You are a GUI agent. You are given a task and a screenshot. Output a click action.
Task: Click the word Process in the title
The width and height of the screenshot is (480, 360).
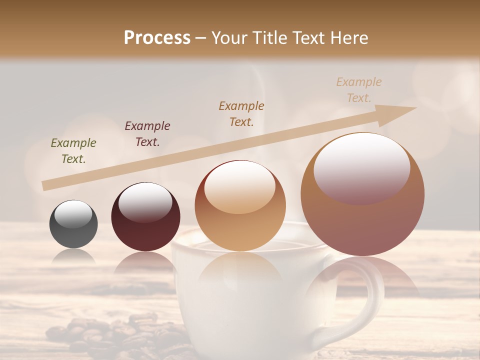click(157, 38)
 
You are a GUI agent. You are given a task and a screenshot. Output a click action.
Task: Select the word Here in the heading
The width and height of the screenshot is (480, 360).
click(348, 38)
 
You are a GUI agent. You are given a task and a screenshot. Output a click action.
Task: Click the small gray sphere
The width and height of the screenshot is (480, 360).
click(73, 224)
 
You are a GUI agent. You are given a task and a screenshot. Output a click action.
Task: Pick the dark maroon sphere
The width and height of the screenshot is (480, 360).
click(145, 217)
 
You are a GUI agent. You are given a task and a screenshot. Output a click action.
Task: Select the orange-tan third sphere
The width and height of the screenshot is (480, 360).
click(240, 205)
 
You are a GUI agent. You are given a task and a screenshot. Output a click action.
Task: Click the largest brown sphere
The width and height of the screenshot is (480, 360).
click(362, 194)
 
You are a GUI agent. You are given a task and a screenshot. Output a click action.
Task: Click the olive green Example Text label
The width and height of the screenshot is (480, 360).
click(73, 151)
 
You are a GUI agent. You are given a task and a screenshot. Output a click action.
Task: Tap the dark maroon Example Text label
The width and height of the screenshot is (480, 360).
click(147, 134)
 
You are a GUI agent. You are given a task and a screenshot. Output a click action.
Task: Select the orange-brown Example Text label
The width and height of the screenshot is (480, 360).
click(241, 114)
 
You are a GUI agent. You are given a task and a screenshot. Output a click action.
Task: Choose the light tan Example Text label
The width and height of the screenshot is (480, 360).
click(359, 90)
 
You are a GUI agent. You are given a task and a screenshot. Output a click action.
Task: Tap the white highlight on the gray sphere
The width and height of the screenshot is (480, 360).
click(73, 214)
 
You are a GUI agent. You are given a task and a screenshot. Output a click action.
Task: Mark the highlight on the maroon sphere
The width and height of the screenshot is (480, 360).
click(145, 202)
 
